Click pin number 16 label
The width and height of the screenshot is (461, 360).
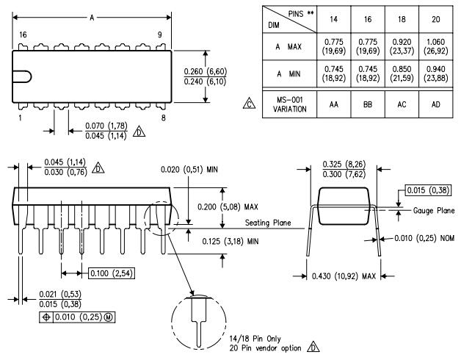click(x=23, y=34)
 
